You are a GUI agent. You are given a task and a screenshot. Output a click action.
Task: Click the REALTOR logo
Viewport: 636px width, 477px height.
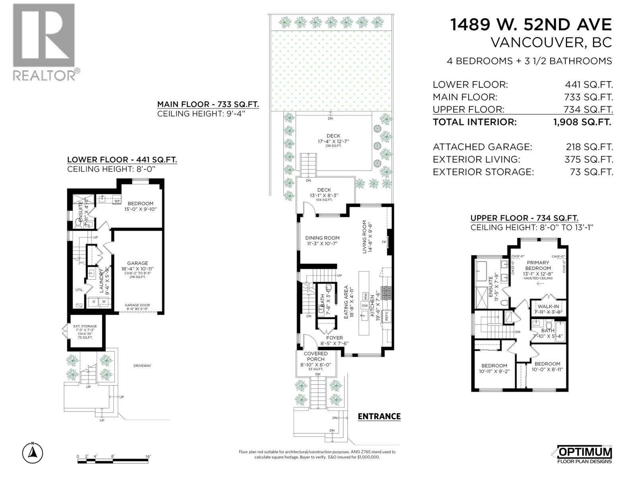pos(44,41)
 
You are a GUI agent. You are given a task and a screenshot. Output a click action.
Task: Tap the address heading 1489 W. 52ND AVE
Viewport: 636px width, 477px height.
pos(531,25)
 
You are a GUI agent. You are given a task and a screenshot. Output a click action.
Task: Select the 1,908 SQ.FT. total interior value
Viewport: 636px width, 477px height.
pos(582,122)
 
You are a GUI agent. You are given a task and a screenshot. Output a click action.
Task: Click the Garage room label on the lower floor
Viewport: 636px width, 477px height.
pos(138,263)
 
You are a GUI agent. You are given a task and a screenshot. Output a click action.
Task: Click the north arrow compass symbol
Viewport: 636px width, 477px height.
pos(33,452)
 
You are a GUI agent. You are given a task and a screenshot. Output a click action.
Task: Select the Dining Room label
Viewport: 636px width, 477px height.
pos(322,238)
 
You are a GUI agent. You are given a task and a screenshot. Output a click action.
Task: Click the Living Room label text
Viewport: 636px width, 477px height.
pos(364,237)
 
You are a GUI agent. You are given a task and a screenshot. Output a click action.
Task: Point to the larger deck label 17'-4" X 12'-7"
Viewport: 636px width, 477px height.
pos(333,141)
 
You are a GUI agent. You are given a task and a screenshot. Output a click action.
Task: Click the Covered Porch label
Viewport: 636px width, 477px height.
pos(316,356)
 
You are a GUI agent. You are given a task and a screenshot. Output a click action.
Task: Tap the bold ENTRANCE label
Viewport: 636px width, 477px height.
pos(379,416)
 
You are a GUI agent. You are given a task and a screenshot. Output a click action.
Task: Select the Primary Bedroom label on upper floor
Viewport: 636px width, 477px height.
pos(538,265)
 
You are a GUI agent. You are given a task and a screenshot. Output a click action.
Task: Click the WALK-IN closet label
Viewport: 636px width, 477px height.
pos(549,306)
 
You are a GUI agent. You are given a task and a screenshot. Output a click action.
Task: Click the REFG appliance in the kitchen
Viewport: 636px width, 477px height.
pos(386,316)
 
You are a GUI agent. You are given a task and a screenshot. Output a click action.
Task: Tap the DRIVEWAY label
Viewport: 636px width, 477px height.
pos(142,366)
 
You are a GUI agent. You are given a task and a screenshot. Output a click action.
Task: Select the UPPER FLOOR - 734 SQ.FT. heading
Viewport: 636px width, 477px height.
pos(524,218)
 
